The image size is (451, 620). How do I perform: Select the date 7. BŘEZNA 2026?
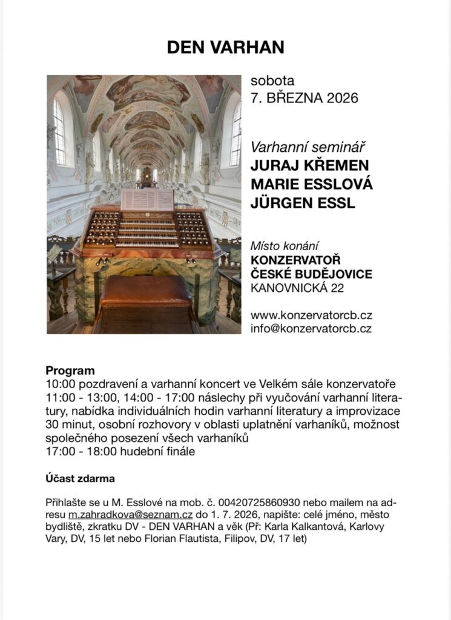tap(305, 98)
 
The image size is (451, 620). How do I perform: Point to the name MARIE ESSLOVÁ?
tap(311, 185)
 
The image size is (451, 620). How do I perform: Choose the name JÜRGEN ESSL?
tap(303, 203)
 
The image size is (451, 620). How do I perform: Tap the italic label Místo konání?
tap(285, 246)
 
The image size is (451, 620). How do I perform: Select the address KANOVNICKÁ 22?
tap(297, 288)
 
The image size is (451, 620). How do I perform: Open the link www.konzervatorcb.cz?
tap(311, 315)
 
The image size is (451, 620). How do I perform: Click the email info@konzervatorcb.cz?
tap(311, 329)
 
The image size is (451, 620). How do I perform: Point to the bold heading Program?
tap(70, 371)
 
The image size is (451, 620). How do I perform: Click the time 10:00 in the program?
tap(58, 384)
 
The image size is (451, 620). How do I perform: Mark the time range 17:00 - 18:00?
tap(81, 452)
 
